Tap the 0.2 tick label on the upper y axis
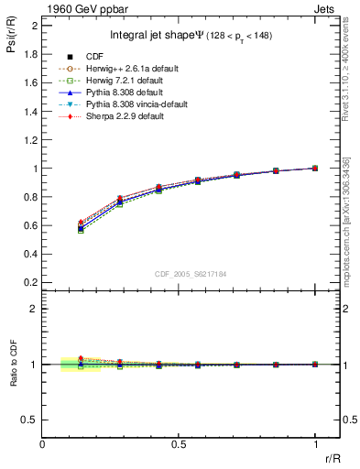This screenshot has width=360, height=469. pos(30,283)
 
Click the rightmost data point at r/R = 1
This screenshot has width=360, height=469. pos(315,169)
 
